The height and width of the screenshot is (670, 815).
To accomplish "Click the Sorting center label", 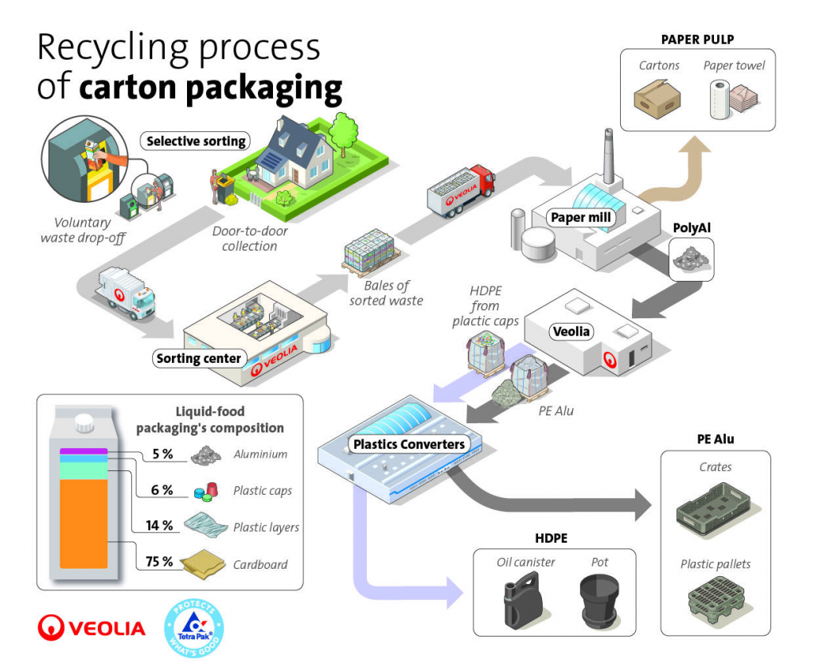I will click(198, 358).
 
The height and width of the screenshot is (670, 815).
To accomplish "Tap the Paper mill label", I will click(579, 217).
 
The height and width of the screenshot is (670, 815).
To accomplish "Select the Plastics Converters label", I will click(410, 443).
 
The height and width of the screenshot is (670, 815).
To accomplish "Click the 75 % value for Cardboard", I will click(158, 562).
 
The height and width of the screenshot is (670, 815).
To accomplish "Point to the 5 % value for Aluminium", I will click(162, 454).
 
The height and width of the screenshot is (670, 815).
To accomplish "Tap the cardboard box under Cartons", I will click(659, 99).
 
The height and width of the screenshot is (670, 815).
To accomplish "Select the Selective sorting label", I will click(196, 142).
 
